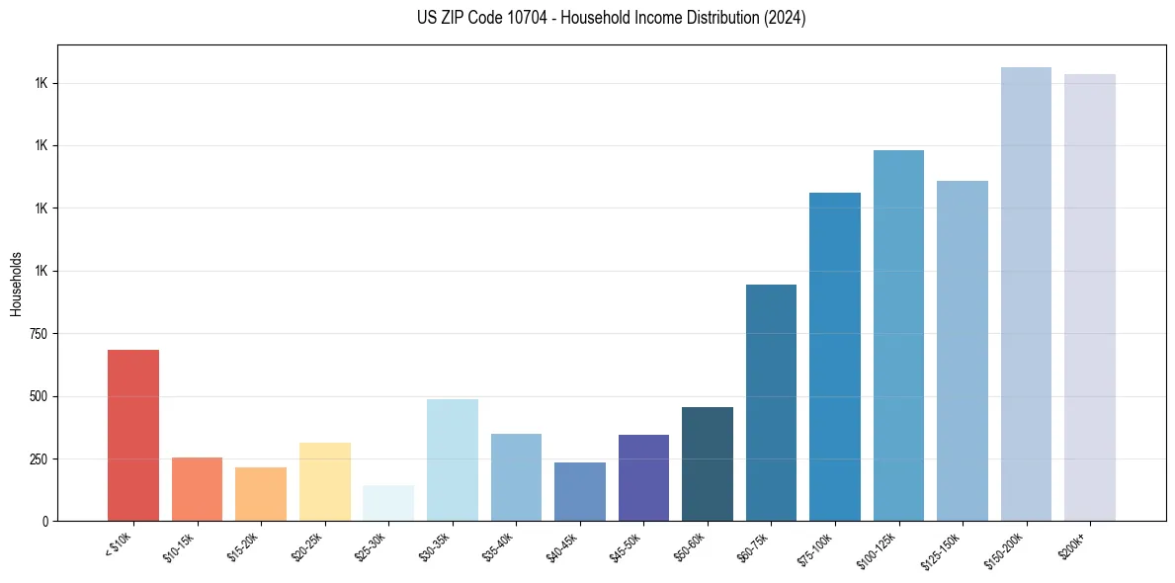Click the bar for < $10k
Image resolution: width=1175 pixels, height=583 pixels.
[133, 435]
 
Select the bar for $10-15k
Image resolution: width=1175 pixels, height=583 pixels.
[197, 489]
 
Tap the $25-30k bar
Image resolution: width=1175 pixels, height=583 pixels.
[388, 503]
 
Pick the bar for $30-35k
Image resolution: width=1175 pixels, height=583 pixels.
[453, 459]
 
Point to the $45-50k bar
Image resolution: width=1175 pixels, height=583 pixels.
[643, 477]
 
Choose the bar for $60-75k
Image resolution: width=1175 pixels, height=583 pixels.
[771, 402]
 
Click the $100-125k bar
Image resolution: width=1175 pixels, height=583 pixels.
[898, 335]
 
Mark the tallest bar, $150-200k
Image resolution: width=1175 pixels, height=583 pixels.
[1026, 293]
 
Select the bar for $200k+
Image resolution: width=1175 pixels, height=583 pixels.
[1090, 296]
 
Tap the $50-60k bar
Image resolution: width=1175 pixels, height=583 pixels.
[708, 463]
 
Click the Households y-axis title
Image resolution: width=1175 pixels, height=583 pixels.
[17, 283]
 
